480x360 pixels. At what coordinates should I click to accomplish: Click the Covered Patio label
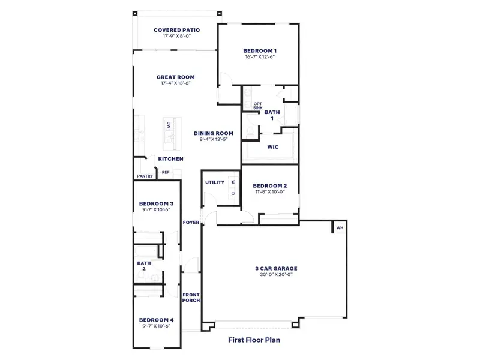[x=176, y=29]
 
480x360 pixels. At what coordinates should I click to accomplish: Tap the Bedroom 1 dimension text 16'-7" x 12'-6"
[x=260, y=57]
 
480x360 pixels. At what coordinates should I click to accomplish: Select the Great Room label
[x=175, y=77]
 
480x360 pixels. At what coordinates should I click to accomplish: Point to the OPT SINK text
[x=257, y=106]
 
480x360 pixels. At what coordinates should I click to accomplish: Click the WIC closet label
[x=273, y=146]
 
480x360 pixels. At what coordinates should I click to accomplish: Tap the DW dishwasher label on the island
[x=169, y=125]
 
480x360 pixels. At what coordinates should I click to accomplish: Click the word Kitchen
[x=170, y=158]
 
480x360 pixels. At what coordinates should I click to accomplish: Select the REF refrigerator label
[x=165, y=172]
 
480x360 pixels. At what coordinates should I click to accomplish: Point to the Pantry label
[x=145, y=176]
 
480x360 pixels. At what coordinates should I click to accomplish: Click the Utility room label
[x=214, y=182]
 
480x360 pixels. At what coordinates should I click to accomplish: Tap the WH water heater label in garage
[x=340, y=228]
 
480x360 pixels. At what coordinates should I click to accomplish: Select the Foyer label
[x=191, y=223]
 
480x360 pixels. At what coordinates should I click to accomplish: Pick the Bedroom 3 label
[x=156, y=203]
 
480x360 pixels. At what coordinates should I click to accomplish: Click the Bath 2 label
[x=143, y=265]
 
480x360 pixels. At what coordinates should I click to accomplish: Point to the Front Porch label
[x=191, y=298]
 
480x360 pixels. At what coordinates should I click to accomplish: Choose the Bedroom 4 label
[x=156, y=320]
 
